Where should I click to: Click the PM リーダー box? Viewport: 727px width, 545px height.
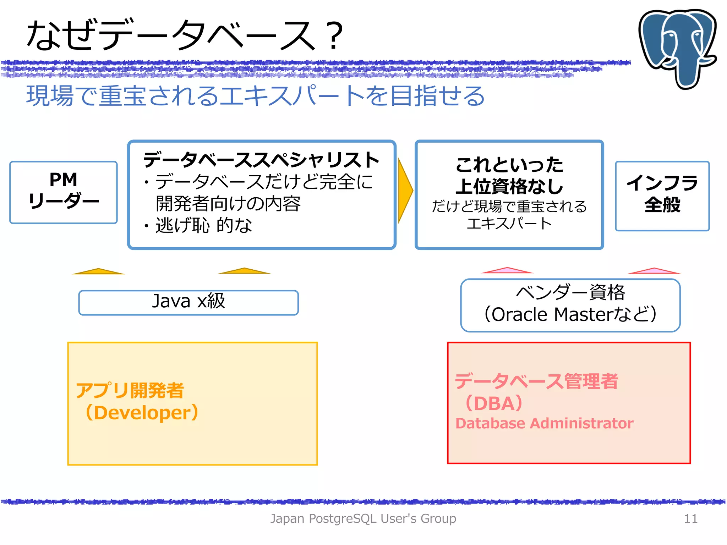tap(64, 192)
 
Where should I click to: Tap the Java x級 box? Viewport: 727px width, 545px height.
tap(188, 302)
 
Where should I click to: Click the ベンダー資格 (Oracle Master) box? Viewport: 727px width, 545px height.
tap(570, 305)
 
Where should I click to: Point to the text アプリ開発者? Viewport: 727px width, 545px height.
tap(130, 390)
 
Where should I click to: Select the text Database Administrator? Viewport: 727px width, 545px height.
tap(544, 423)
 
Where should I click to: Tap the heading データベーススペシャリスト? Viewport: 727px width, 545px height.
tap(261, 160)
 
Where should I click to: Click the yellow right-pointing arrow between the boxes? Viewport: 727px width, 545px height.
tap(405, 191)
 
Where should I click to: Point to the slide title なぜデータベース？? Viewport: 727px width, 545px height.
tap(185, 35)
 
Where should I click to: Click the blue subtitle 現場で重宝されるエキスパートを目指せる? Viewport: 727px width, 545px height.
tap(256, 96)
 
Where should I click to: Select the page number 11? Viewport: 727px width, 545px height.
tap(690, 518)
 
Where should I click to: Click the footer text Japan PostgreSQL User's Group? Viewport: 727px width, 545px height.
tap(363, 518)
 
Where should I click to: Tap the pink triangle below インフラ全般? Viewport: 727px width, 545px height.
tap(654, 271)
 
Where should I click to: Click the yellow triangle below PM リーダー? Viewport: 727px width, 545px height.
tap(98, 271)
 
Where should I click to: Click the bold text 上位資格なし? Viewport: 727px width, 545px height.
tap(509, 186)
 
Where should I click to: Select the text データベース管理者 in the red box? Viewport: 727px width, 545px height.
tap(536, 381)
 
